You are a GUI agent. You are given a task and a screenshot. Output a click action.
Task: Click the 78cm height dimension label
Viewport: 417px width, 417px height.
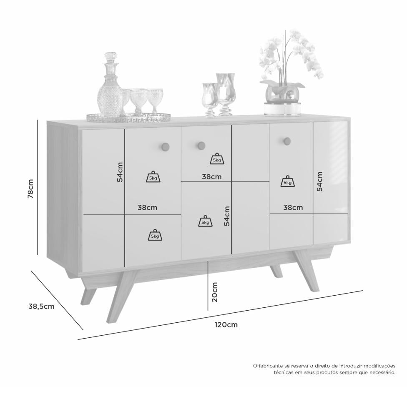click(31, 188)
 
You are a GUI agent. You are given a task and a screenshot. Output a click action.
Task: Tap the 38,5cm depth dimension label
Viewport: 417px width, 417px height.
click(41, 306)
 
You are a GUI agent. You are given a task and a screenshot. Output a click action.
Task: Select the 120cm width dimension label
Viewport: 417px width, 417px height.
click(226, 325)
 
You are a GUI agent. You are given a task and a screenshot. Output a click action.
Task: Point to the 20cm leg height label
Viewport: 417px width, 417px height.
click(215, 292)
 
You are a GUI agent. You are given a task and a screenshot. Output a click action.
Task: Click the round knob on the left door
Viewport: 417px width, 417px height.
click(166, 146)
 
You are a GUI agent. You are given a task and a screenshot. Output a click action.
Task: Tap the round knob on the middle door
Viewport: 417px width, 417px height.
click(201, 146)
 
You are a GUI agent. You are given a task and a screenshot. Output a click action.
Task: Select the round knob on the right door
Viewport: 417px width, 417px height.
click(287, 141)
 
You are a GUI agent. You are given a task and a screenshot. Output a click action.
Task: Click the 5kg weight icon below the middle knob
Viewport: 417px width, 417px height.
click(217, 159)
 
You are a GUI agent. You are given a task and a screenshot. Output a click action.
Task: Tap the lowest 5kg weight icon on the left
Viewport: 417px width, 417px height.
click(155, 235)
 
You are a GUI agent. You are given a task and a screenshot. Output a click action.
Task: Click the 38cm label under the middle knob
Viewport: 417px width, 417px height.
click(212, 176)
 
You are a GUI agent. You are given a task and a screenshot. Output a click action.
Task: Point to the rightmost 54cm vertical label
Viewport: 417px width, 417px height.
click(319, 181)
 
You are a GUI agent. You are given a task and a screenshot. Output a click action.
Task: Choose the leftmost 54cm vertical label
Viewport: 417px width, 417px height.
click(120, 172)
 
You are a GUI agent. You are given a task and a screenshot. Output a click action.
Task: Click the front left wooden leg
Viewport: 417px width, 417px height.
click(121, 295)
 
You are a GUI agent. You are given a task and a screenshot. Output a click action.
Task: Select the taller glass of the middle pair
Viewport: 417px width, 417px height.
click(226, 94)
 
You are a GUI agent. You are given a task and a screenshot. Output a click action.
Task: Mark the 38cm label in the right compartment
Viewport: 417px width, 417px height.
click(293, 207)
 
